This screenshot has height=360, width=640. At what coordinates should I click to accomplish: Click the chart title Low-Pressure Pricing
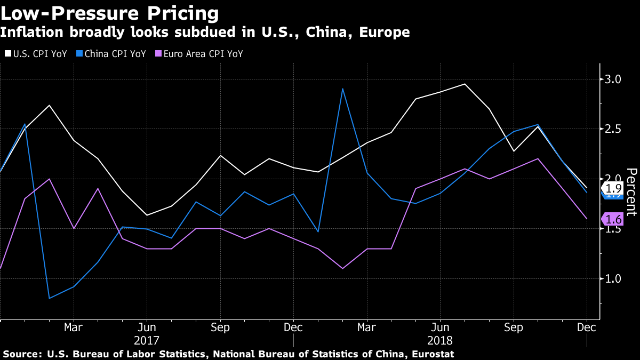tap(109, 13)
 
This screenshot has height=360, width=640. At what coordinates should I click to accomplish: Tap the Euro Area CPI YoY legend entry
tap(198, 54)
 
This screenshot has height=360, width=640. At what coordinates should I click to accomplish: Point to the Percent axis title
tap(631, 192)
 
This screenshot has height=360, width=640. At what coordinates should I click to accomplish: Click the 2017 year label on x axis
tap(146, 340)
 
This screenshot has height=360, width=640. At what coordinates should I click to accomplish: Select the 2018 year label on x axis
tap(440, 340)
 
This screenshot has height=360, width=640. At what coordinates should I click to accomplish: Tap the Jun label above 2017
tap(146, 326)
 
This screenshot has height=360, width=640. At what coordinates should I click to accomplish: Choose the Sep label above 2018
tap(513, 326)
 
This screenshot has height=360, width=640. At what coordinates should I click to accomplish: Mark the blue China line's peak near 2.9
tap(342, 89)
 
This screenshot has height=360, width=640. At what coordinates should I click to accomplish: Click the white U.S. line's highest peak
tap(465, 84)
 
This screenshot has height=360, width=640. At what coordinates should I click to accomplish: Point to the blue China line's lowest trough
tap(49, 298)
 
